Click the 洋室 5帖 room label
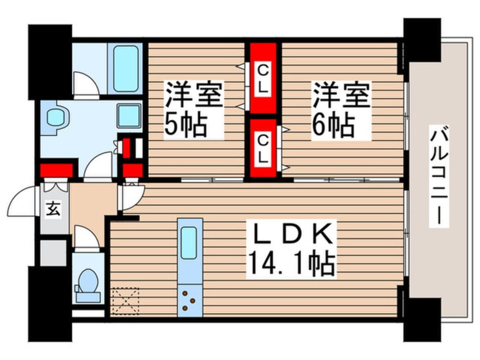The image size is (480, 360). [x=193, y=110]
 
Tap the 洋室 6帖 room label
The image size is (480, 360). [x=341, y=110]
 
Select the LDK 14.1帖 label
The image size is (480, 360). [x=292, y=249]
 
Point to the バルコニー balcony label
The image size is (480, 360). [x=439, y=176]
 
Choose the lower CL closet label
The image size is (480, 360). [x=263, y=149]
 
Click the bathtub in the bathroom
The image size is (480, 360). [x=125, y=69]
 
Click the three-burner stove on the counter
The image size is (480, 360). [x=189, y=300]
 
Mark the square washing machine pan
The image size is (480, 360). [x=129, y=116]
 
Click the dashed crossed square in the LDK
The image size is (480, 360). [x=125, y=301]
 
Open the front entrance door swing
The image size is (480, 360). [x=22, y=200]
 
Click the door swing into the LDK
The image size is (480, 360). [x=132, y=196]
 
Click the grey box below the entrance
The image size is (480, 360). [x=53, y=253]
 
